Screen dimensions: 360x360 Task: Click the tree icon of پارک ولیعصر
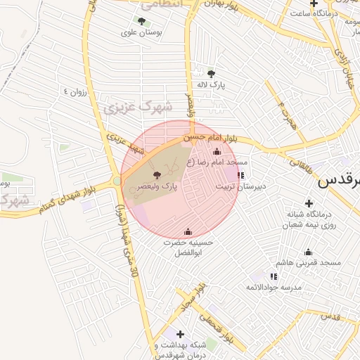click(155, 176)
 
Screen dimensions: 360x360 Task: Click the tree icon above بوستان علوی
click(142, 21)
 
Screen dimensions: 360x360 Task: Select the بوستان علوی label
click(142, 32)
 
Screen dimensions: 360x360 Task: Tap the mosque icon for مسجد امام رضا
click(217, 152)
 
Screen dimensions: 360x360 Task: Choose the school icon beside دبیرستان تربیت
click(240, 175)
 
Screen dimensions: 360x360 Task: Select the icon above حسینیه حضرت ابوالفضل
click(188, 232)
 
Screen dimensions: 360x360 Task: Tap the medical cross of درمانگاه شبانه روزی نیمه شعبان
click(309, 202)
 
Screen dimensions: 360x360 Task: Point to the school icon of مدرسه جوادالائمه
click(274, 277)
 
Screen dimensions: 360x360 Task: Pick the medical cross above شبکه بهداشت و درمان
click(181, 334)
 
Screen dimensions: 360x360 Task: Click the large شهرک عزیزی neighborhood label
click(137, 107)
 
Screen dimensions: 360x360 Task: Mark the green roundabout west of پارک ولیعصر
click(116, 182)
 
